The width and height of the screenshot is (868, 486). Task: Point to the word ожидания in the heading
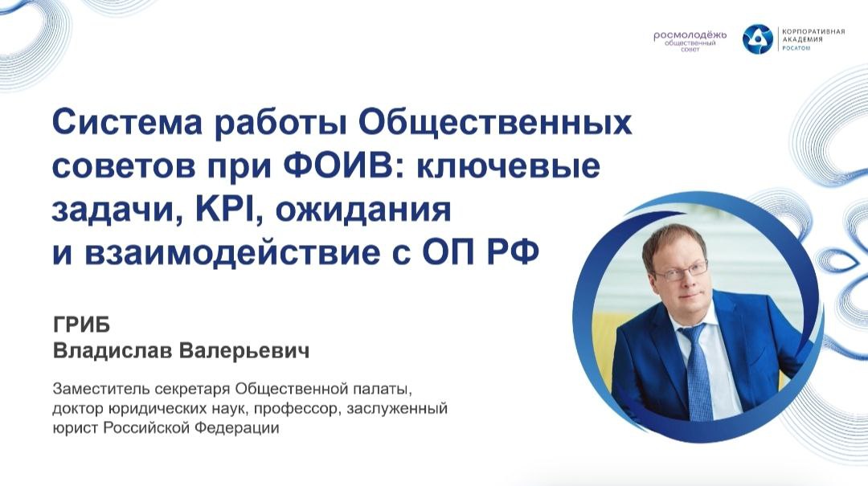pos(363,211)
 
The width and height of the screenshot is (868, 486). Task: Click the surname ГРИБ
pos(81,325)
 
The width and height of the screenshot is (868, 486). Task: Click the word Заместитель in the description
pos(100,389)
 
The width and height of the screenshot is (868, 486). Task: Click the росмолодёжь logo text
pos(690,36)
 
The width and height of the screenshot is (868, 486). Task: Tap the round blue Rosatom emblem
pos(757,39)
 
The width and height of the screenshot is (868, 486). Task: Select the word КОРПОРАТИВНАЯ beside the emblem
pos(813,31)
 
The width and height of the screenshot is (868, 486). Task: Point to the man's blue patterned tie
pos(697,371)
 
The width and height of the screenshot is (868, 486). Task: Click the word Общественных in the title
pos(495,122)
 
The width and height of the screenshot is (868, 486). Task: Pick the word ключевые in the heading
pos(508,165)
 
